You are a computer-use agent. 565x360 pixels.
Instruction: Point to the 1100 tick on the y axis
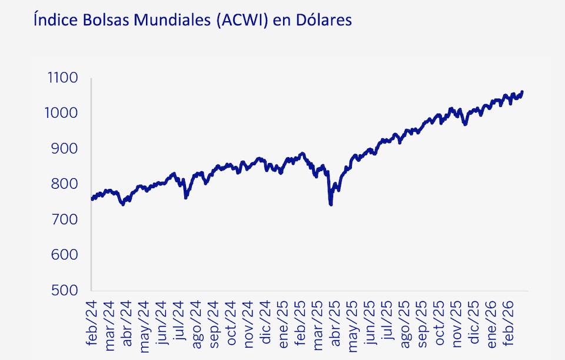point(63,78)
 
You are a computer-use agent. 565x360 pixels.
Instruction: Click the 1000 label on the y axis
point(63,114)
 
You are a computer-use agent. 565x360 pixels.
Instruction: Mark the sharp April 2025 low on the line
point(331,204)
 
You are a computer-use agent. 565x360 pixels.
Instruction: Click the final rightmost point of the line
point(522,92)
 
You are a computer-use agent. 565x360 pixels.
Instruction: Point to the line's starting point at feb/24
point(92,199)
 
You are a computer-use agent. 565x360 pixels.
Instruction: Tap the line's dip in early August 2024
point(186,197)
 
